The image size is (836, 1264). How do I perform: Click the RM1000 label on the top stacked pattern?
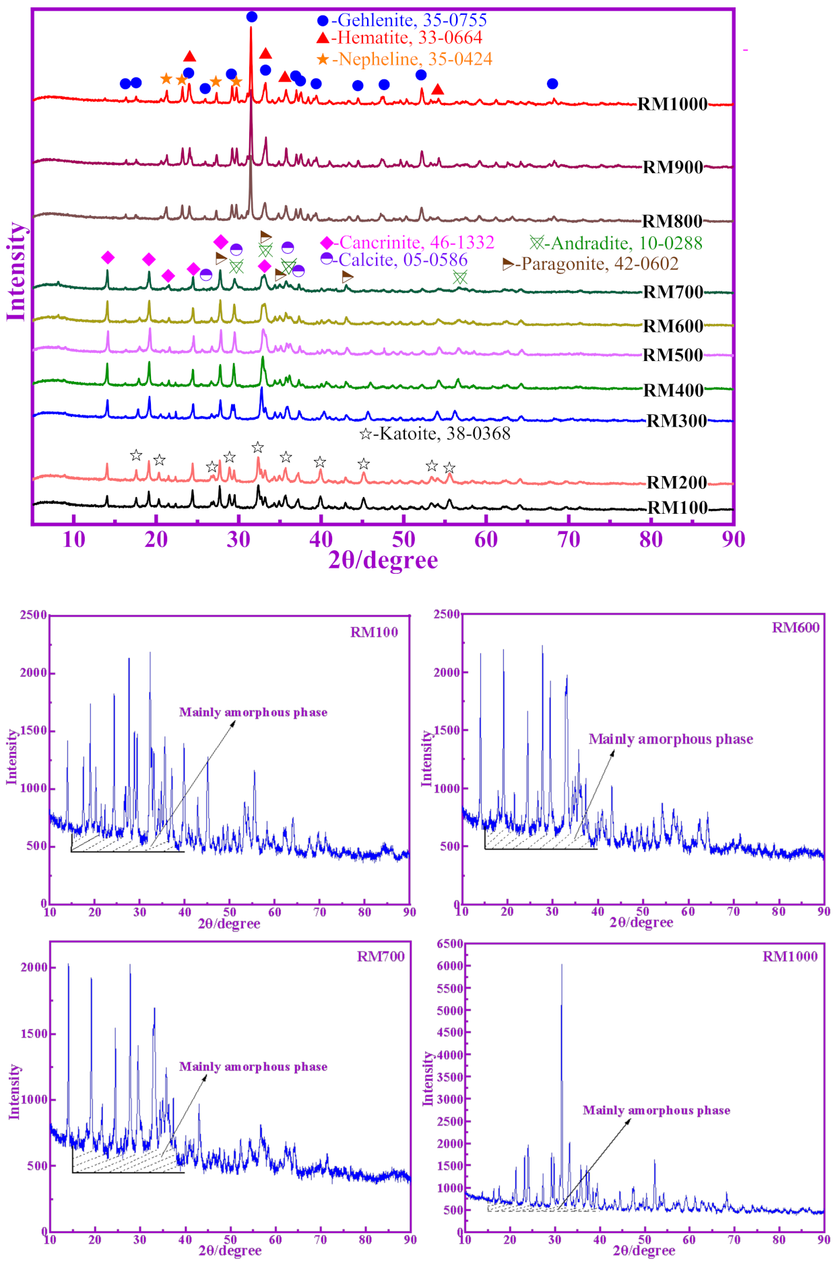coord(672,104)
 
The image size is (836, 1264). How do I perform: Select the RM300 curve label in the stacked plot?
coord(676,421)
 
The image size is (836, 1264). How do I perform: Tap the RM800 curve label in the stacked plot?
coord(672,221)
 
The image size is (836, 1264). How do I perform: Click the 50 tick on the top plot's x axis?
coord(404,539)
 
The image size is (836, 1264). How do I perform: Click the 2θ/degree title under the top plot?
coord(383,560)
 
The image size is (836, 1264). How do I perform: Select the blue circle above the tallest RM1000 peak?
coord(251,17)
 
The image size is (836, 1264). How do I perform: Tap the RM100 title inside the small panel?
coord(374,632)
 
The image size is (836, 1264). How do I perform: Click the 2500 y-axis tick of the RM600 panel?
coord(447,614)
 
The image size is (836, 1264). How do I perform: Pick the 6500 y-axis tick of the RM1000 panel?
coord(450,944)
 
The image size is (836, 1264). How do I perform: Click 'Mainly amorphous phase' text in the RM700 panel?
coord(253,1067)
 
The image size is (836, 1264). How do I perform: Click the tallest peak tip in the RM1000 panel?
coord(562,965)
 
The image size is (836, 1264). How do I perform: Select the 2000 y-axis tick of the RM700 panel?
coord(34,968)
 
